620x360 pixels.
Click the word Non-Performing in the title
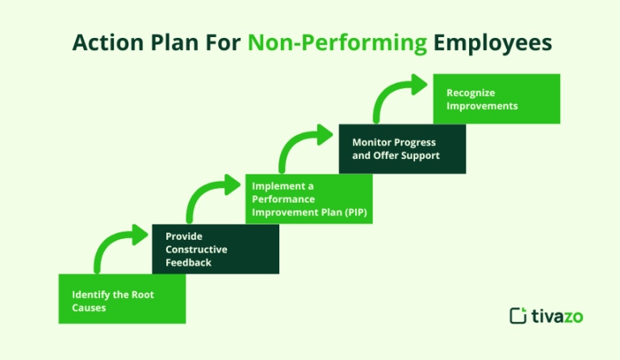coord(337,42)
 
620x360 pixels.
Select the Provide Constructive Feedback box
coord(216,249)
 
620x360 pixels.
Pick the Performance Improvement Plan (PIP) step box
coord(309,199)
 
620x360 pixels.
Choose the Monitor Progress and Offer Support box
coord(402,149)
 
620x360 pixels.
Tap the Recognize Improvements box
coord(496,98)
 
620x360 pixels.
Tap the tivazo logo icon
coord(518,316)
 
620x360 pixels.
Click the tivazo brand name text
coord(558,316)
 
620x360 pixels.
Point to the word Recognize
coord(471,93)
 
